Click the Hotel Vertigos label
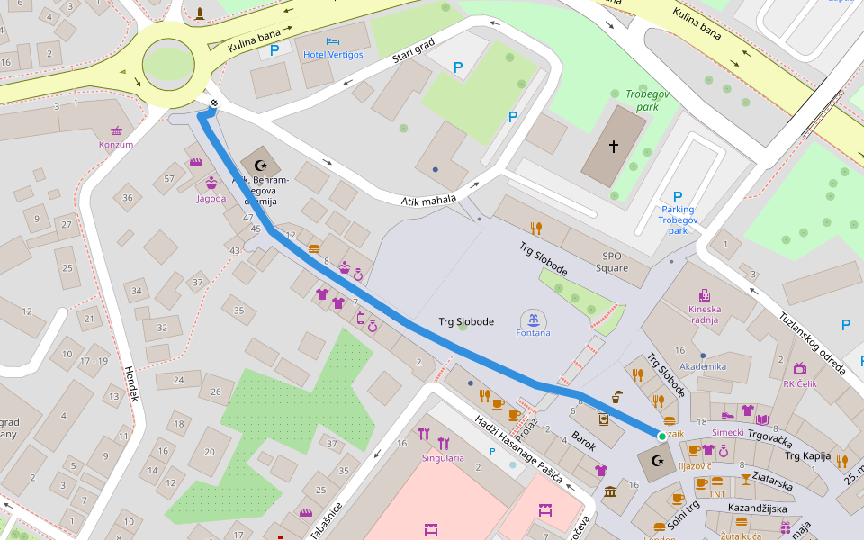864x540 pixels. tap(333, 55)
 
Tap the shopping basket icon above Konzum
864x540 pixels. tap(116, 130)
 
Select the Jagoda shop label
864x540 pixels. tap(211, 198)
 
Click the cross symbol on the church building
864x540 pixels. tap(614, 146)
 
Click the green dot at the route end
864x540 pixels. tap(661, 436)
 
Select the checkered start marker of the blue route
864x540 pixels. tap(214, 104)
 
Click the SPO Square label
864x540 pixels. tap(614, 262)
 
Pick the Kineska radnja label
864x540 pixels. tap(705, 314)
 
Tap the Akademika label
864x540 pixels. tap(703, 366)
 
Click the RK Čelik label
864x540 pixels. tap(800, 383)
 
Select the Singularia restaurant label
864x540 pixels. tap(443, 458)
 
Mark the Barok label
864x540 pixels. tap(583, 440)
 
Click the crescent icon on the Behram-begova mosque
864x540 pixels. tap(262, 165)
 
